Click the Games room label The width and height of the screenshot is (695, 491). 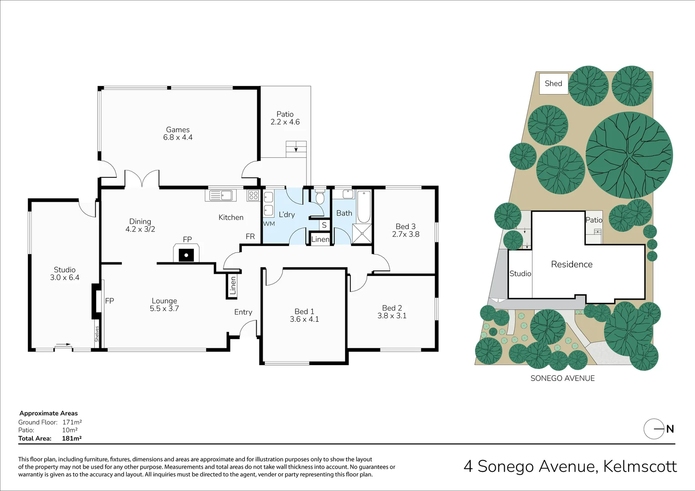coord(178,130)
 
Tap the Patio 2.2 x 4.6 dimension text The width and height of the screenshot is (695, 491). coord(285,122)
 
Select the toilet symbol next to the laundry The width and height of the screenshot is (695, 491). coord(320,197)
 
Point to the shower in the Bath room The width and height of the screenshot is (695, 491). coord(362,234)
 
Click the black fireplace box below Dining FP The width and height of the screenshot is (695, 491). coord(186,255)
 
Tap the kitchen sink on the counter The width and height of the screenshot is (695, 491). coord(221,195)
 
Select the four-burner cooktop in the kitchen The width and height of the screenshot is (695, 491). coord(253,195)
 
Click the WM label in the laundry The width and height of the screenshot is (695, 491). coord(269,224)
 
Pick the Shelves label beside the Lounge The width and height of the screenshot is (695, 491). coord(96,334)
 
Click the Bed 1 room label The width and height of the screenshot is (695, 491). coord(304,311)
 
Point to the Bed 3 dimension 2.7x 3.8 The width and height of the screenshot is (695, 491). coord(406,234)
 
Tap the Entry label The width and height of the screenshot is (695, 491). coord(243,312)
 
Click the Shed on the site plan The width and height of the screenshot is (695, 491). coord(553,84)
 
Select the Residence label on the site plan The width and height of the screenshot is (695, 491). coord(572,264)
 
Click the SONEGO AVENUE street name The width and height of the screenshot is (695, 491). coord(563,378)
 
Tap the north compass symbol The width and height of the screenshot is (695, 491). coord(654,429)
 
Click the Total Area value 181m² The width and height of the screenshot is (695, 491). coord(71,438)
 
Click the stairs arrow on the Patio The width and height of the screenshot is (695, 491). coord(296,149)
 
